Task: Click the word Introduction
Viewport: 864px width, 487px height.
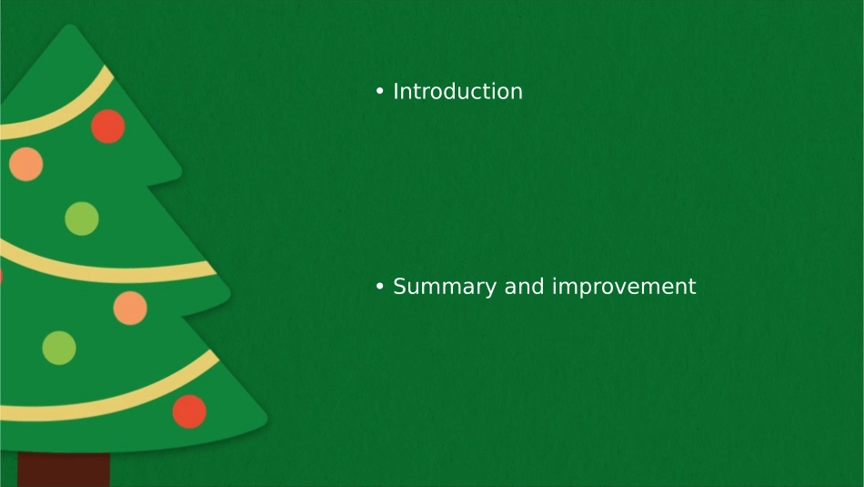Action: point(457,92)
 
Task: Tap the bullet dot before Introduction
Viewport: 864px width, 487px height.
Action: point(379,91)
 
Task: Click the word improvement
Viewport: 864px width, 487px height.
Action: point(624,287)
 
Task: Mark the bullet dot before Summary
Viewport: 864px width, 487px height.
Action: point(379,286)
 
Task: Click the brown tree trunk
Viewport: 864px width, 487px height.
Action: point(64,469)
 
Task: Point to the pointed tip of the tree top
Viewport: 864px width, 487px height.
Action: point(70,25)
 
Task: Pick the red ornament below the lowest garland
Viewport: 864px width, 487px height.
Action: point(189,411)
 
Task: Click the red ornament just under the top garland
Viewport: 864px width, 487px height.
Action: point(108,127)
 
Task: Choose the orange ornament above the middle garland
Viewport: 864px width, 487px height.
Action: point(25,165)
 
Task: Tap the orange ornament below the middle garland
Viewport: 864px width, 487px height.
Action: point(130,309)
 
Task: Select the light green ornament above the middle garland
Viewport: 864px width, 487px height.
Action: point(82,218)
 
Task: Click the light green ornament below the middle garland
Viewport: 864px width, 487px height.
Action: point(59,348)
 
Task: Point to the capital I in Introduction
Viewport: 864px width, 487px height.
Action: point(396,92)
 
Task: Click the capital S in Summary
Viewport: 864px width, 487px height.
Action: point(400,286)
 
